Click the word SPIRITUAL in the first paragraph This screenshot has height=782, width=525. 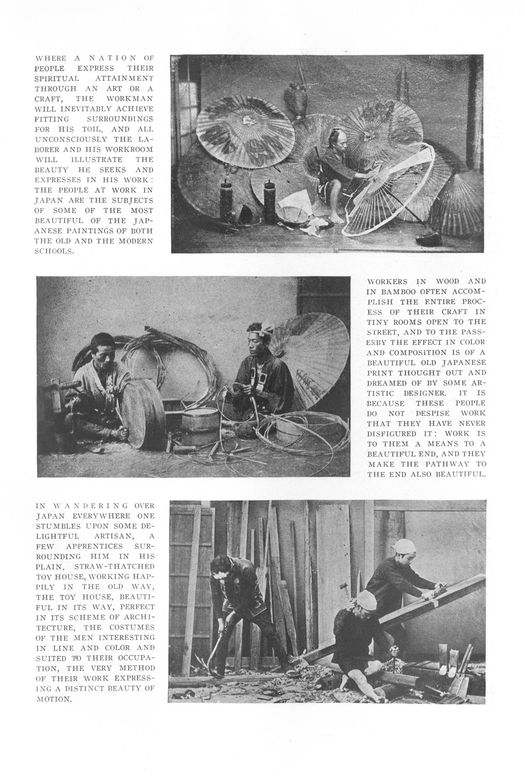coord(57,78)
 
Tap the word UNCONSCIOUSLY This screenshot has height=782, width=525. coord(71,139)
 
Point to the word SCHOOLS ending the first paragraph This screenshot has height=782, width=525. coord(54,251)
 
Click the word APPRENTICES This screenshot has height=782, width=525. coord(95,546)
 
